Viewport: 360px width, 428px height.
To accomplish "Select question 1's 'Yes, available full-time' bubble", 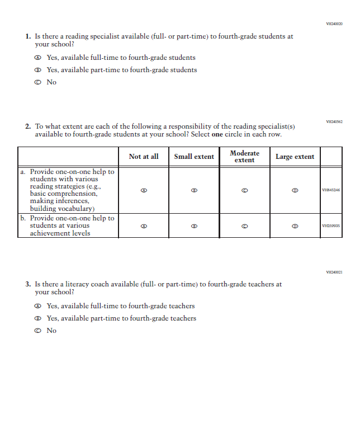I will pos(37,58).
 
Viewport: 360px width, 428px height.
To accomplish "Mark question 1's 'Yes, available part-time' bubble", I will pos(37,70).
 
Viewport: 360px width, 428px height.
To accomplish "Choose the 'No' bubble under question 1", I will pos(37,82).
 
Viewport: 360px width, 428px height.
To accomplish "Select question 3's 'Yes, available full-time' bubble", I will pos(37,306).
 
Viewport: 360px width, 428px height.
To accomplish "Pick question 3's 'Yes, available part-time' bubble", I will pos(37,318).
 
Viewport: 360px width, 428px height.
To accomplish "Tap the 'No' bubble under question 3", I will pos(37,331).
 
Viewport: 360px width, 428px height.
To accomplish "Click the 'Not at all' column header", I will pos(144,157).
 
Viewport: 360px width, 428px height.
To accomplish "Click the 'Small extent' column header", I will pos(194,157).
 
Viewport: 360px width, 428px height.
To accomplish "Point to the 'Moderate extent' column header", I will pos(244,157).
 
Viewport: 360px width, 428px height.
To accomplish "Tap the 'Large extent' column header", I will pos(295,157).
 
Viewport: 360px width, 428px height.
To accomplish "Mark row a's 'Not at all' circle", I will pos(144,190).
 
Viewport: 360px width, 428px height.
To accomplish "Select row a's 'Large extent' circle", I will pos(295,190).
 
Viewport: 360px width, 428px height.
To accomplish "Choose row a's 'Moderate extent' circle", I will pos(244,190).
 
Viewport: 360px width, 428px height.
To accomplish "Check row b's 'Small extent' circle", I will pos(194,226).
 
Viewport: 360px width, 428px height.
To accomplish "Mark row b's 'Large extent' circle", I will pos(295,226).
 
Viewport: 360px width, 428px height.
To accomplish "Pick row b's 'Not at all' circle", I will pos(144,226).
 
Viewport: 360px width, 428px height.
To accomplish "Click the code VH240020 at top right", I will pos(334,24).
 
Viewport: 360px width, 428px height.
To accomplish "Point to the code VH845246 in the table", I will pos(331,190).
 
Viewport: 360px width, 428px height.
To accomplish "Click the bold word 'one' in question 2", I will pos(217,134).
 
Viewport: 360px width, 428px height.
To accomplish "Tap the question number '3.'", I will pos(28,284).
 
